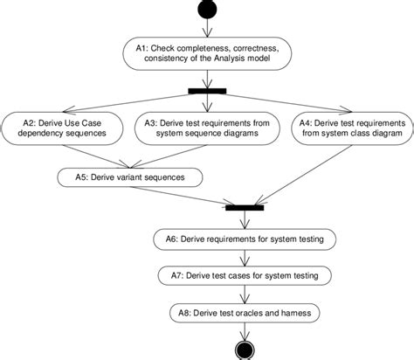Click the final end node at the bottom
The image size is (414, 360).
tap(241, 350)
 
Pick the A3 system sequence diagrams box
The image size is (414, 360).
tap(208, 128)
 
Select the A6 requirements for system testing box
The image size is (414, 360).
tap(241, 239)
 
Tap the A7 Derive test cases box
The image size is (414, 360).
tap(241, 275)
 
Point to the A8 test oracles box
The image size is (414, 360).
tap(241, 311)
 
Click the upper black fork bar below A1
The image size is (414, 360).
tap(207, 91)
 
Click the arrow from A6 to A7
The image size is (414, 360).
tap(241, 257)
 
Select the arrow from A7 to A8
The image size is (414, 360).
tap(241, 294)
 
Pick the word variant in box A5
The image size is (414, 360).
tap(134, 177)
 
